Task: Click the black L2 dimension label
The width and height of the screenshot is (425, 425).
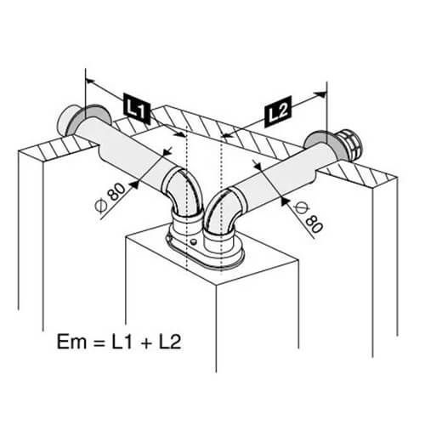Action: pyautogui.click(x=278, y=111)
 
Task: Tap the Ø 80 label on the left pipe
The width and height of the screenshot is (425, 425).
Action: pyautogui.click(x=110, y=197)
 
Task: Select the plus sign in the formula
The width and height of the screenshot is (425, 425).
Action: pyautogui.click(x=145, y=343)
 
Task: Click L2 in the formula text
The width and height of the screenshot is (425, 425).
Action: pyautogui.click(x=170, y=342)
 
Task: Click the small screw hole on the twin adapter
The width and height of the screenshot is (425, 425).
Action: pyautogui.click(x=194, y=242)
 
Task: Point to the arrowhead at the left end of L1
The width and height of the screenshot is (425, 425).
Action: pyautogui.click(x=90, y=82)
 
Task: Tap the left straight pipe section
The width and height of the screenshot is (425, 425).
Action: pyautogui.click(x=127, y=148)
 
